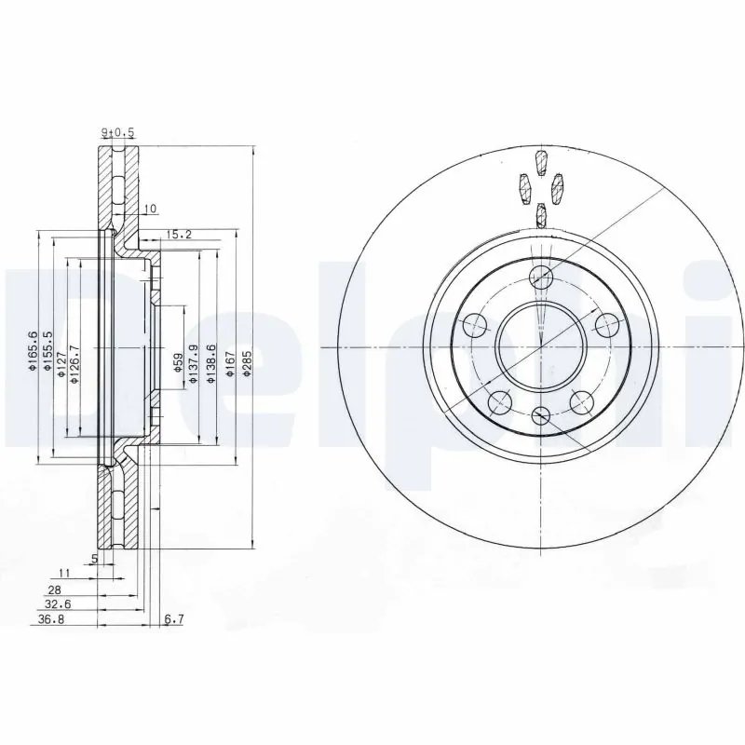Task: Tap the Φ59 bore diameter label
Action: click(178, 363)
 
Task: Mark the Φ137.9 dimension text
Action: click(194, 363)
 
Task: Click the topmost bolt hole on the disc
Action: click(541, 278)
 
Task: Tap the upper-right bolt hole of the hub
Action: click(607, 325)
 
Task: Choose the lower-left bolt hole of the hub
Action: click(500, 402)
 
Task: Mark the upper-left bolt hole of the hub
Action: click(476, 325)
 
